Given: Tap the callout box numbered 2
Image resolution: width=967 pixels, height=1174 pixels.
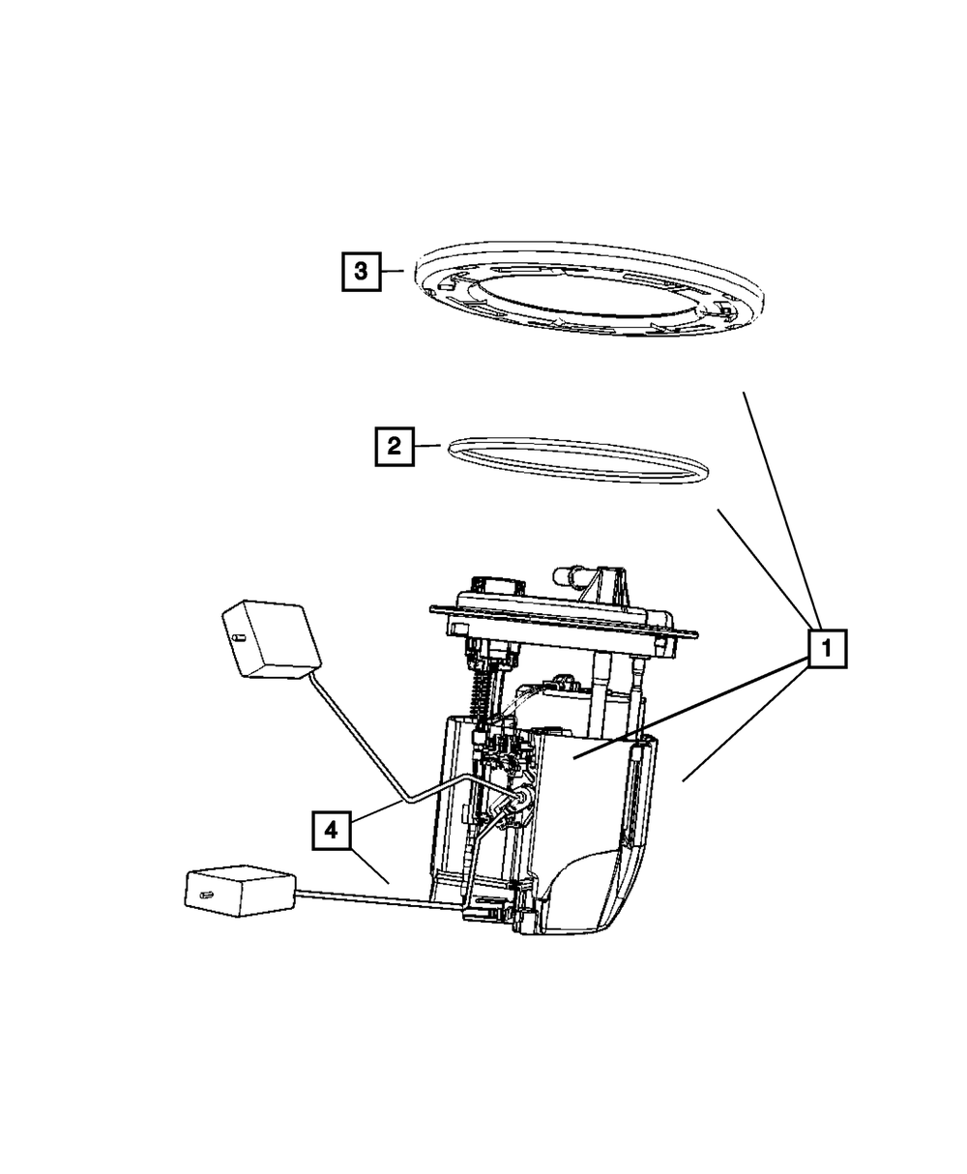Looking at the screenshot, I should (x=394, y=446).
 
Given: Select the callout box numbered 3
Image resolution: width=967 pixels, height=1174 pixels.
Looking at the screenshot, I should (x=360, y=272).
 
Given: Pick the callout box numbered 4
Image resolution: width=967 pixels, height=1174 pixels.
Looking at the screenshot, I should (x=331, y=831).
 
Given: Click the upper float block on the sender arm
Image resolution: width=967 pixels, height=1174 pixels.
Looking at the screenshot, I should (x=271, y=637).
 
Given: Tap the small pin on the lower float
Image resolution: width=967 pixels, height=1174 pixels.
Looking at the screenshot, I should (x=205, y=895).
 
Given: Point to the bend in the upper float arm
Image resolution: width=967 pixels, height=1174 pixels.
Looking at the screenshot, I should (x=412, y=799).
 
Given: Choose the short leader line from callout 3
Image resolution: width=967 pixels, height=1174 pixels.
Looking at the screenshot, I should (x=393, y=272).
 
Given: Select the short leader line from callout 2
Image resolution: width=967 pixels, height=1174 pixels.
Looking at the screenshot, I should (x=427, y=446).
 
